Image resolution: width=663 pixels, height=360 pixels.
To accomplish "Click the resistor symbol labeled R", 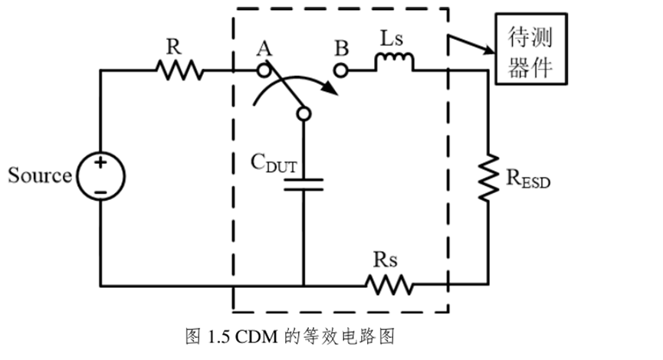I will (x=180, y=71).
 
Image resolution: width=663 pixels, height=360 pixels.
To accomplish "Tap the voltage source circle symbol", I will (x=100, y=176).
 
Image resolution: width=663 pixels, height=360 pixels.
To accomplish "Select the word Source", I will (x=40, y=175).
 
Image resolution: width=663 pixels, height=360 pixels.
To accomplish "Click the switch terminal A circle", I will (x=264, y=70).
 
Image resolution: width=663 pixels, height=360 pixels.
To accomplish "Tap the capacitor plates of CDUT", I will (x=303, y=185).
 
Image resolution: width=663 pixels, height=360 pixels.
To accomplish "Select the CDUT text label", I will (x=274, y=162).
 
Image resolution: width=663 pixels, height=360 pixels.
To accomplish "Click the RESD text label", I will (x=528, y=181).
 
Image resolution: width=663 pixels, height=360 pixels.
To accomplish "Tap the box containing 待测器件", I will (x=531, y=48).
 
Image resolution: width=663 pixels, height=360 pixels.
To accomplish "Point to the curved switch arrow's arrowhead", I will (x=331, y=93).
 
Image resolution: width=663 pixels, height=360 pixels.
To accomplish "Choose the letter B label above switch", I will (x=341, y=49).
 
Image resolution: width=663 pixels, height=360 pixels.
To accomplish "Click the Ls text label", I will (x=392, y=40).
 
